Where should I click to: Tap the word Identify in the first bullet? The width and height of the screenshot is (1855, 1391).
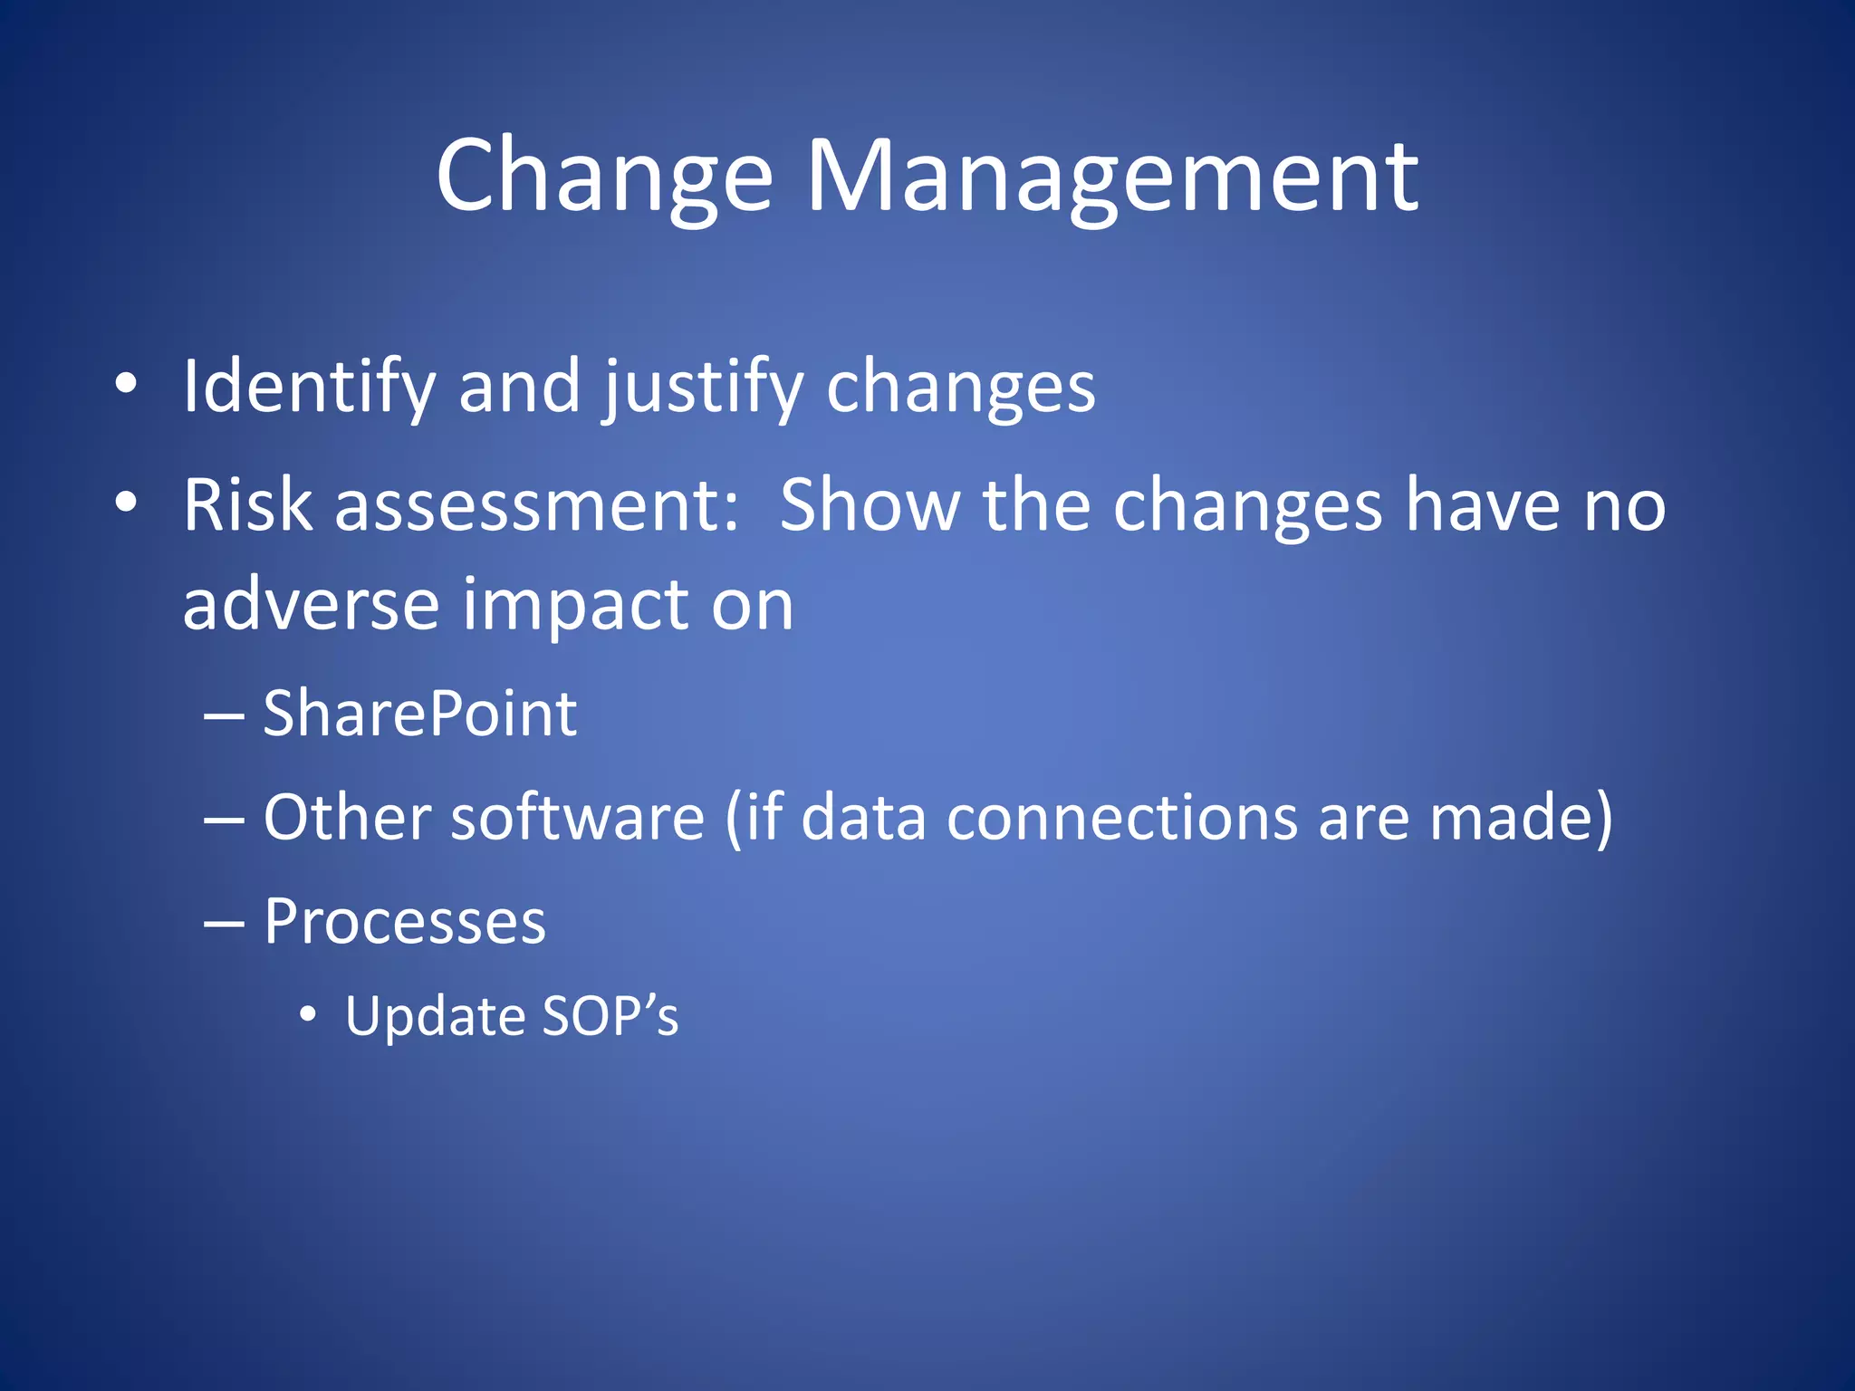point(309,388)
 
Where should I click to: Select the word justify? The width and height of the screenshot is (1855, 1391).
point(705,388)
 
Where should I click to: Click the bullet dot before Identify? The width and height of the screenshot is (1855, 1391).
point(126,384)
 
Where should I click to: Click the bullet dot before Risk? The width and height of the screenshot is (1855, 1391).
point(126,502)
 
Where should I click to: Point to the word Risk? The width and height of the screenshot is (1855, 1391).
point(247,505)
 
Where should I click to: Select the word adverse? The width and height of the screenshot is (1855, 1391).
point(311,605)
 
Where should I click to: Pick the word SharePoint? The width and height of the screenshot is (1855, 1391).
point(419,714)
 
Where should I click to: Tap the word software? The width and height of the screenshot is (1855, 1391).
point(577,817)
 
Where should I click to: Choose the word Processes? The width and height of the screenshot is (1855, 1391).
point(405,922)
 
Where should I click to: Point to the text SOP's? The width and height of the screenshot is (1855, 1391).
point(610,1016)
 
